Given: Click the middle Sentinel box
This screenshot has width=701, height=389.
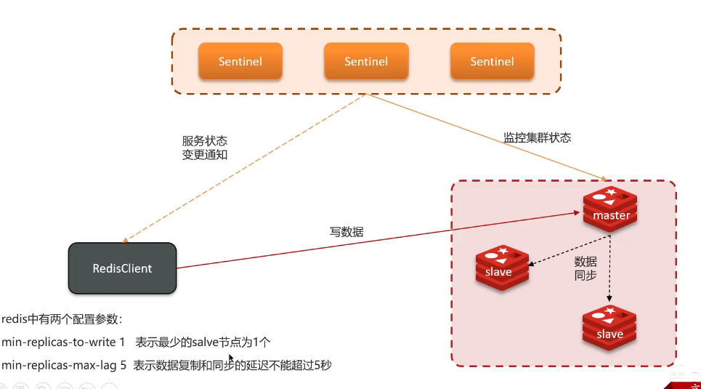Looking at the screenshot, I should tap(366, 61).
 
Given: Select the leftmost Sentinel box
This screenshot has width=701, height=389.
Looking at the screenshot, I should tap(240, 61).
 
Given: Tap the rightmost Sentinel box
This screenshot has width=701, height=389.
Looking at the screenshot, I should tap(492, 61).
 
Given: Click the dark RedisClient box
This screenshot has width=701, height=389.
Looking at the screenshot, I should tap(122, 268).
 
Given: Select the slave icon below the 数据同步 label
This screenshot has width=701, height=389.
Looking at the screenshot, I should tap(609, 328).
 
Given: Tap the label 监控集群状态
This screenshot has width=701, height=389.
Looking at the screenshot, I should tap(537, 137).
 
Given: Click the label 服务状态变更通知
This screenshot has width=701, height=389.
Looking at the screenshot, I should tap(204, 148).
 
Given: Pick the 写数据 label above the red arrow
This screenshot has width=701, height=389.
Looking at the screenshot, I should tap(347, 232).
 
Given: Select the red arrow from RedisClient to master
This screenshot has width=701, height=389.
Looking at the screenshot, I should tap(378, 241).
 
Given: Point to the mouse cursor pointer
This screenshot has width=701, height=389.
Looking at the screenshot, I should tap(231, 357).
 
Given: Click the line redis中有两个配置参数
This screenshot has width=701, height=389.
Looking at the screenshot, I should tap(62, 318).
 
